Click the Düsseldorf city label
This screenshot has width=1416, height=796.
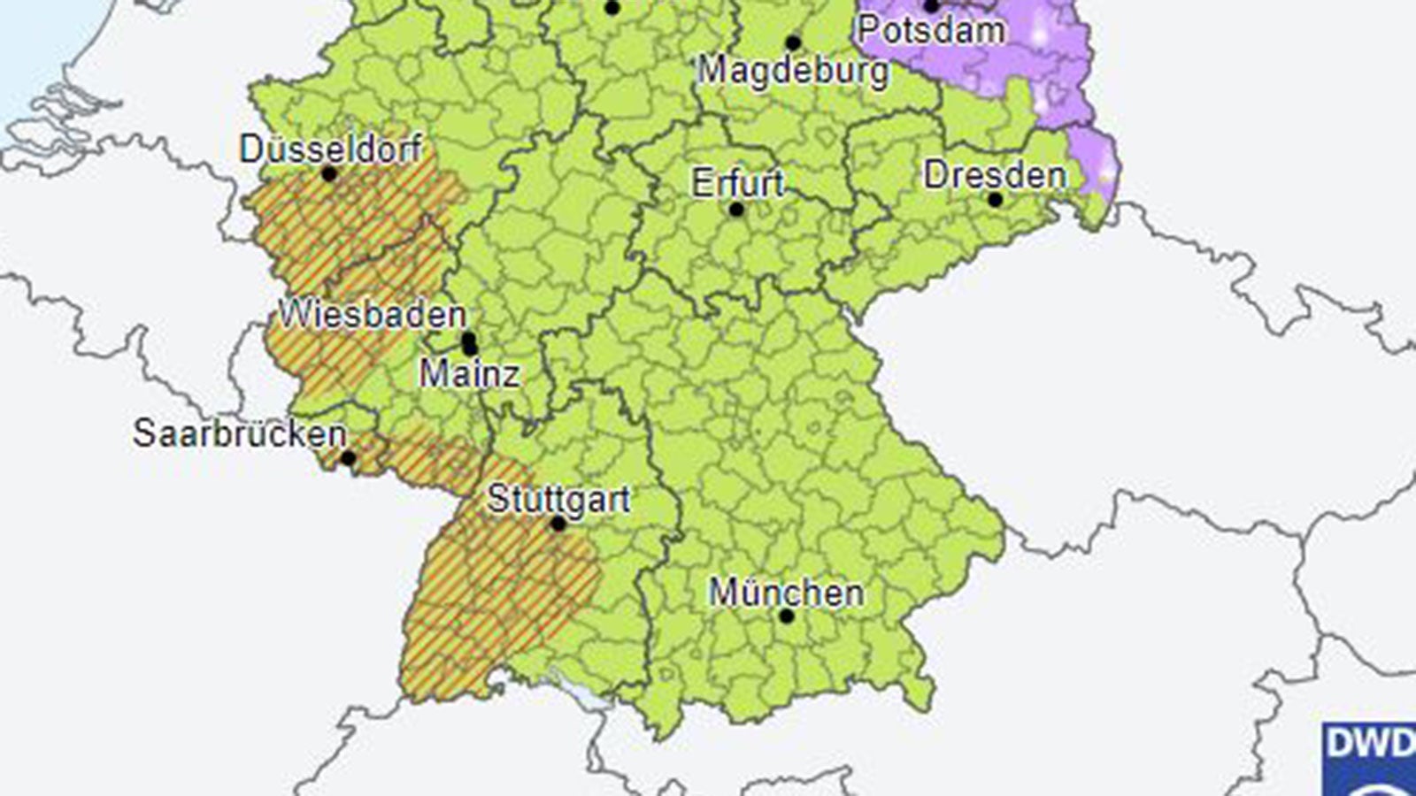[331, 149]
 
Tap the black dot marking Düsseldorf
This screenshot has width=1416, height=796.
[329, 174]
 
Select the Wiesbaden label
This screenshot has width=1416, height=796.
[373, 315]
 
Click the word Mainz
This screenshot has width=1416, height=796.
[469, 374]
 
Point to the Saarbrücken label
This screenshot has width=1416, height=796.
[240, 434]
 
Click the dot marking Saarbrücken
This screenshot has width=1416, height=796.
[348, 458]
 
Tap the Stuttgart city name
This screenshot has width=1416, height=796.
[558, 500]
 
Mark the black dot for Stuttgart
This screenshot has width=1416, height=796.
[558, 524]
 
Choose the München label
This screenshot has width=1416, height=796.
[786, 593]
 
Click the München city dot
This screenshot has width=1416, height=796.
[786, 616]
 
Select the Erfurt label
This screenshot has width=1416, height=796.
[737, 184]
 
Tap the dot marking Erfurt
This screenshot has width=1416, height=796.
[736, 210]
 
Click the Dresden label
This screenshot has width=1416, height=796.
[995, 175]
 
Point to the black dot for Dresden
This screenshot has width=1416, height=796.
[995, 200]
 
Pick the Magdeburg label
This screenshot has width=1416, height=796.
[793, 70]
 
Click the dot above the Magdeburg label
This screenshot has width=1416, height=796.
[793, 42]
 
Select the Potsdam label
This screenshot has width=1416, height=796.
[931, 31]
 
